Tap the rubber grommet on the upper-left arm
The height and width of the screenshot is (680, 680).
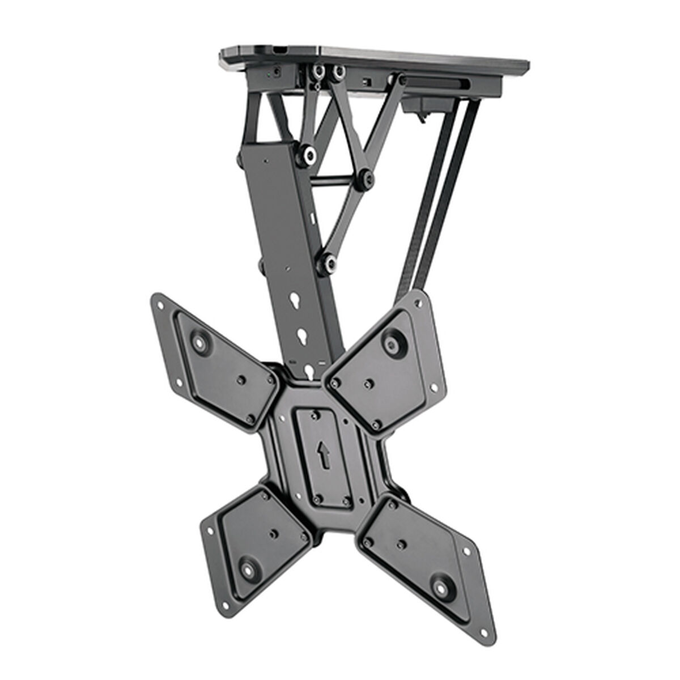coord(200,343)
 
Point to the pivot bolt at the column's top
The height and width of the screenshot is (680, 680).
coord(310,155)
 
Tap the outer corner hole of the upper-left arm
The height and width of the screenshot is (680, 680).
coord(159,302)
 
